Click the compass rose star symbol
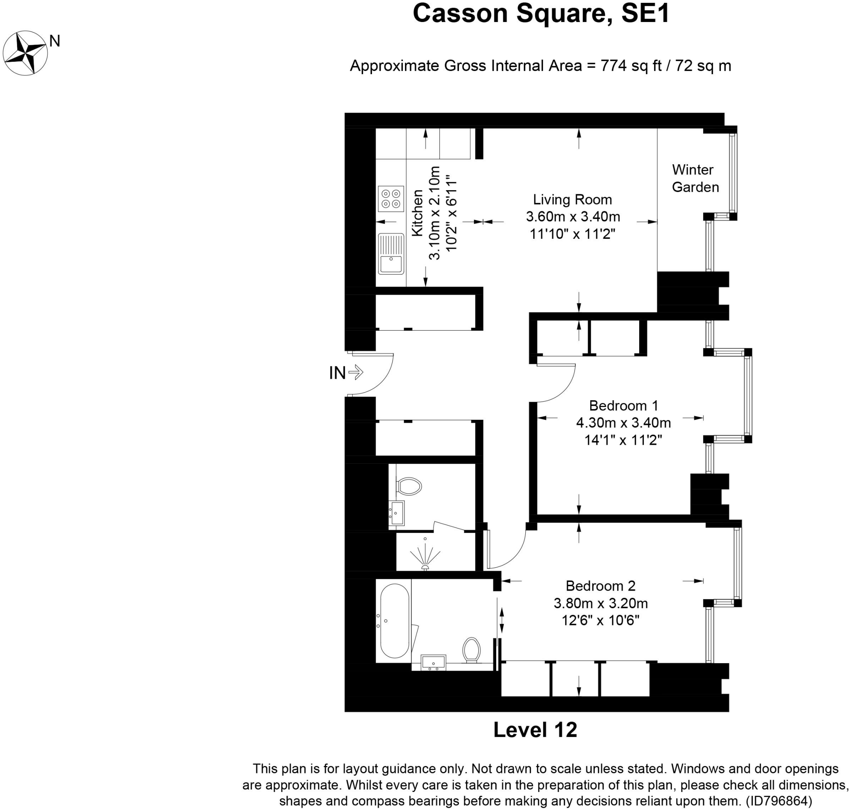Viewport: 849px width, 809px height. pos(24,53)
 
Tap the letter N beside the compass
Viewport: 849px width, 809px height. pos(55,41)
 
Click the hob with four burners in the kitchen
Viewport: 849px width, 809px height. pos(391,199)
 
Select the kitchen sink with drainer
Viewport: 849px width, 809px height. pos(391,254)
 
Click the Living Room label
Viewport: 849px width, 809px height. pos(572,200)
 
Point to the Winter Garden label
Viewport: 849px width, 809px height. pos(695,179)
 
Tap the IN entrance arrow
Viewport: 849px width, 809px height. pos(355,372)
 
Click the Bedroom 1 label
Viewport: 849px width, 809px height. pos(623,405)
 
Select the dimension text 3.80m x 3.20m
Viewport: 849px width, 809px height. pos(601,603)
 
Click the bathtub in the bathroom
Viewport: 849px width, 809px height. pos(394,620)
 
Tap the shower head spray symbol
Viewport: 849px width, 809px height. pos(425,557)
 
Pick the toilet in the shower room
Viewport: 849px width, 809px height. pos(408,487)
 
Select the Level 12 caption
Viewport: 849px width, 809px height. pos(535,730)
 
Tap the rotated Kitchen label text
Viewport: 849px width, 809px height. pos(417,213)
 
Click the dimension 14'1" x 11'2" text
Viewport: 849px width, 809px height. pos(623,440)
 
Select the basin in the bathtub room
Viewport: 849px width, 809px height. pos(434,662)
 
